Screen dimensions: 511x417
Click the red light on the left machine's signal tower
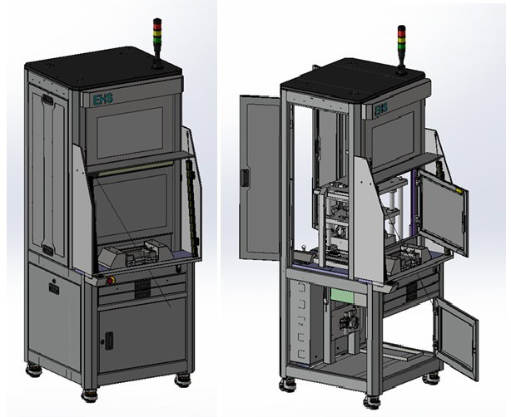[x=157, y=27]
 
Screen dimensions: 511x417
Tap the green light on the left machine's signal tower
[x=157, y=40]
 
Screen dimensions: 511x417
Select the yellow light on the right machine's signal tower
[x=401, y=40]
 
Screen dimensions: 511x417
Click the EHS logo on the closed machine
[x=103, y=99]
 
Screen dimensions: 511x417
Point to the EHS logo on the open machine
[x=380, y=110]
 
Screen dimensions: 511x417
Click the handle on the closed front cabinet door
[x=109, y=341]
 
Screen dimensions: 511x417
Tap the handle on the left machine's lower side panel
[x=54, y=289]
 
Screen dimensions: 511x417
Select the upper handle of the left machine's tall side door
[x=47, y=100]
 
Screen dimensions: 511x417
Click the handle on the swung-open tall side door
[x=245, y=178]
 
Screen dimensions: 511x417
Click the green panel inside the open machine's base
[x=343, y=296]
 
